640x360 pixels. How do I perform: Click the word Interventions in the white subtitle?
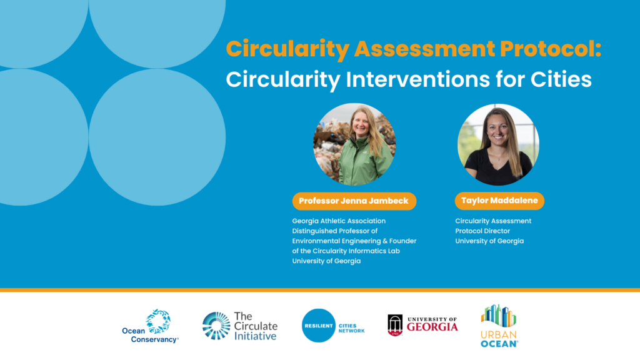click(x=418, y=79)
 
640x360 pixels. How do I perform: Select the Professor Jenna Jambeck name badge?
click(x=354, y=201)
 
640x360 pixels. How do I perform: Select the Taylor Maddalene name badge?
click(x=499, y=201)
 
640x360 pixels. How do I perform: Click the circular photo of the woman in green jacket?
click(x=354, y=144)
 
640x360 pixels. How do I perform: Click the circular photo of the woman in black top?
click(x=498, y=144)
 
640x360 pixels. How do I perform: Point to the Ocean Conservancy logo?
click(x=150, y=326)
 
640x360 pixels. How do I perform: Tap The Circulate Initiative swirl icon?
click(x=216, y=326)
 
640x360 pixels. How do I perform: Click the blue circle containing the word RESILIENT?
click(x=318, y=325)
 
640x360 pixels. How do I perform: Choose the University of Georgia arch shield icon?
click(x=395, y=325)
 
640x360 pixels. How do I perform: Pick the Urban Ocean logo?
click(x=499, y=326)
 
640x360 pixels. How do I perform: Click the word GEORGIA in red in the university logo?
click(x=432, y=327)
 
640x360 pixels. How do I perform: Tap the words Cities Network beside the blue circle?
click(x=351, y=328)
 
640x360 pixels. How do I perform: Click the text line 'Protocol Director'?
click(x=482, y=231)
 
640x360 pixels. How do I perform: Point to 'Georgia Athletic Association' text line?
click(x=339, y=221)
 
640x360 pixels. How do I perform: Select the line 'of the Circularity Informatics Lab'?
click(x=346, y=251)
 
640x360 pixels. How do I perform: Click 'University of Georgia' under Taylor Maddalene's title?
click(x=489, y=241)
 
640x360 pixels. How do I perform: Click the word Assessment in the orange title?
click(x=424, y=49)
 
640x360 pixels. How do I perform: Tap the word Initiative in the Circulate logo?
click(x=255, y=336)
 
